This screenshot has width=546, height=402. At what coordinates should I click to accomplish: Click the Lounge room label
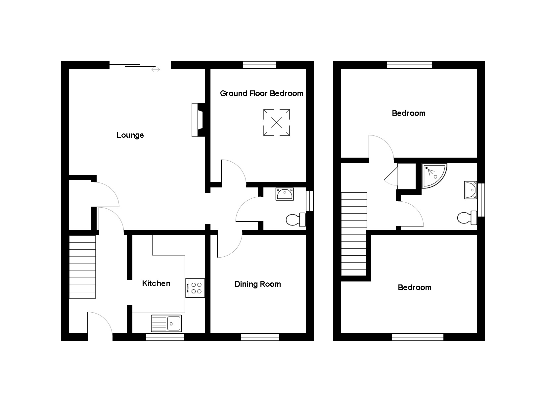tap(130, 135)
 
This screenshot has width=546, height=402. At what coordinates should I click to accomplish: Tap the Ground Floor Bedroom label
tap(261, 93)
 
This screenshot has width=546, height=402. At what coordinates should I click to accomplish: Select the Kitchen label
tap(156, 283)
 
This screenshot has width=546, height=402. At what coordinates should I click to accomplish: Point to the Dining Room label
tap(258, 284)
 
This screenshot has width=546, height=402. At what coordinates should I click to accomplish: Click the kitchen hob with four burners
tap(195, 288)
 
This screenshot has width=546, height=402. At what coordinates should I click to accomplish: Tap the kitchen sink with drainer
tap(166, 324)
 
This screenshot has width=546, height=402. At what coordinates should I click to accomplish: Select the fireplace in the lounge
tap(198, 120)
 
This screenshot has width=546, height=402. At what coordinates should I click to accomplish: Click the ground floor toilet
tap(296, 220)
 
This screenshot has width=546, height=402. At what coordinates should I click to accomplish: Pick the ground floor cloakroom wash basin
tap(285, 194)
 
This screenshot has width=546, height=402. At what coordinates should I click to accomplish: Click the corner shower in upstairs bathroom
tap(434, 176)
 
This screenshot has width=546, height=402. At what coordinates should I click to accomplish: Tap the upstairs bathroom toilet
tap(467, 218)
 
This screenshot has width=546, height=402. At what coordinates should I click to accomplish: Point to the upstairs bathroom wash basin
tap(471, 190)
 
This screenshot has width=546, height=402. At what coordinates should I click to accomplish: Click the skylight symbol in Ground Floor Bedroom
tap(277, 123)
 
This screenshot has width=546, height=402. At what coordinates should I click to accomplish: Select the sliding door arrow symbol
tap(156, 70)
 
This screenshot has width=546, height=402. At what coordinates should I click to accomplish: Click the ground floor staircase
tap(82, 267)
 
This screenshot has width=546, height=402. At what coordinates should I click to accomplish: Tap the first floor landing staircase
tap(354, 234)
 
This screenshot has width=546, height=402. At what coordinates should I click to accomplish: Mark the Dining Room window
tap(260, 337)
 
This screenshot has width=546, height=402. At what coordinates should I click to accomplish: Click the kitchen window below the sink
tap(165, 337)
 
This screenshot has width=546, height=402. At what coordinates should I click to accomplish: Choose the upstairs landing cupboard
tap(407, 176)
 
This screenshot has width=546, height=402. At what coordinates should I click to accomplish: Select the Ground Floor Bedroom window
tap(259, 65)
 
